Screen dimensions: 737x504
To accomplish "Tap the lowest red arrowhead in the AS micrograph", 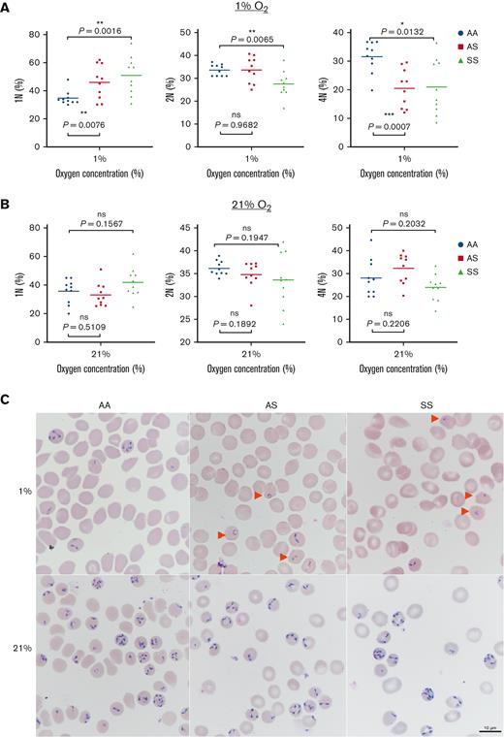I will (282, 557).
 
